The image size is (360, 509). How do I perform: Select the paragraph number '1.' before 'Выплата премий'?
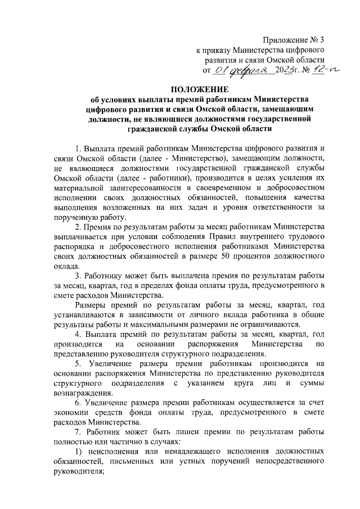tap(78, 149)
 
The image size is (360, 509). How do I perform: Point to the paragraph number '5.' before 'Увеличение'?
tap(78, 364)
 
